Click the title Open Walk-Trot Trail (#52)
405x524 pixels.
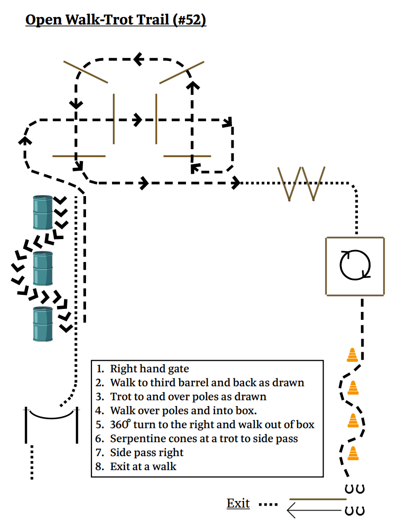115,20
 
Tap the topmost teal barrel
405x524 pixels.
43,213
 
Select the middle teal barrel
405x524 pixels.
43,268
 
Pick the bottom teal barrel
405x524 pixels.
43,324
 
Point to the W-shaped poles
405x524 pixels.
301,184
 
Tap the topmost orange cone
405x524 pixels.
352,355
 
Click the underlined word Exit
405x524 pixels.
238,503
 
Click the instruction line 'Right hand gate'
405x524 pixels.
149,369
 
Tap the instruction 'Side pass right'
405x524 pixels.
146,453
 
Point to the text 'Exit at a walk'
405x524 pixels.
143,467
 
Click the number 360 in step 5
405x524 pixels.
119,424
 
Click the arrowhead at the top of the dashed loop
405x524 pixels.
138,59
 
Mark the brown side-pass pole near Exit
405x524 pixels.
317,499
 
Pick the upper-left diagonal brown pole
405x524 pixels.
85,72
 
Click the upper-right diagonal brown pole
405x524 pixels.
181,72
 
